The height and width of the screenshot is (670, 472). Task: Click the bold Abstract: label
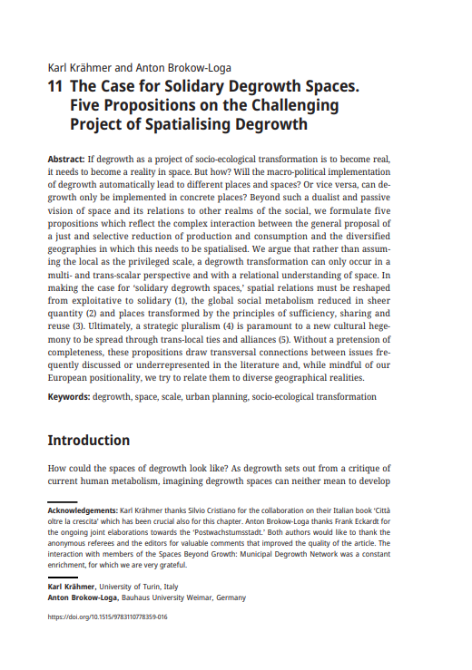(x=66, y=159)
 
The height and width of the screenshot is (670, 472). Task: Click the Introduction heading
(x=88, y=441)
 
